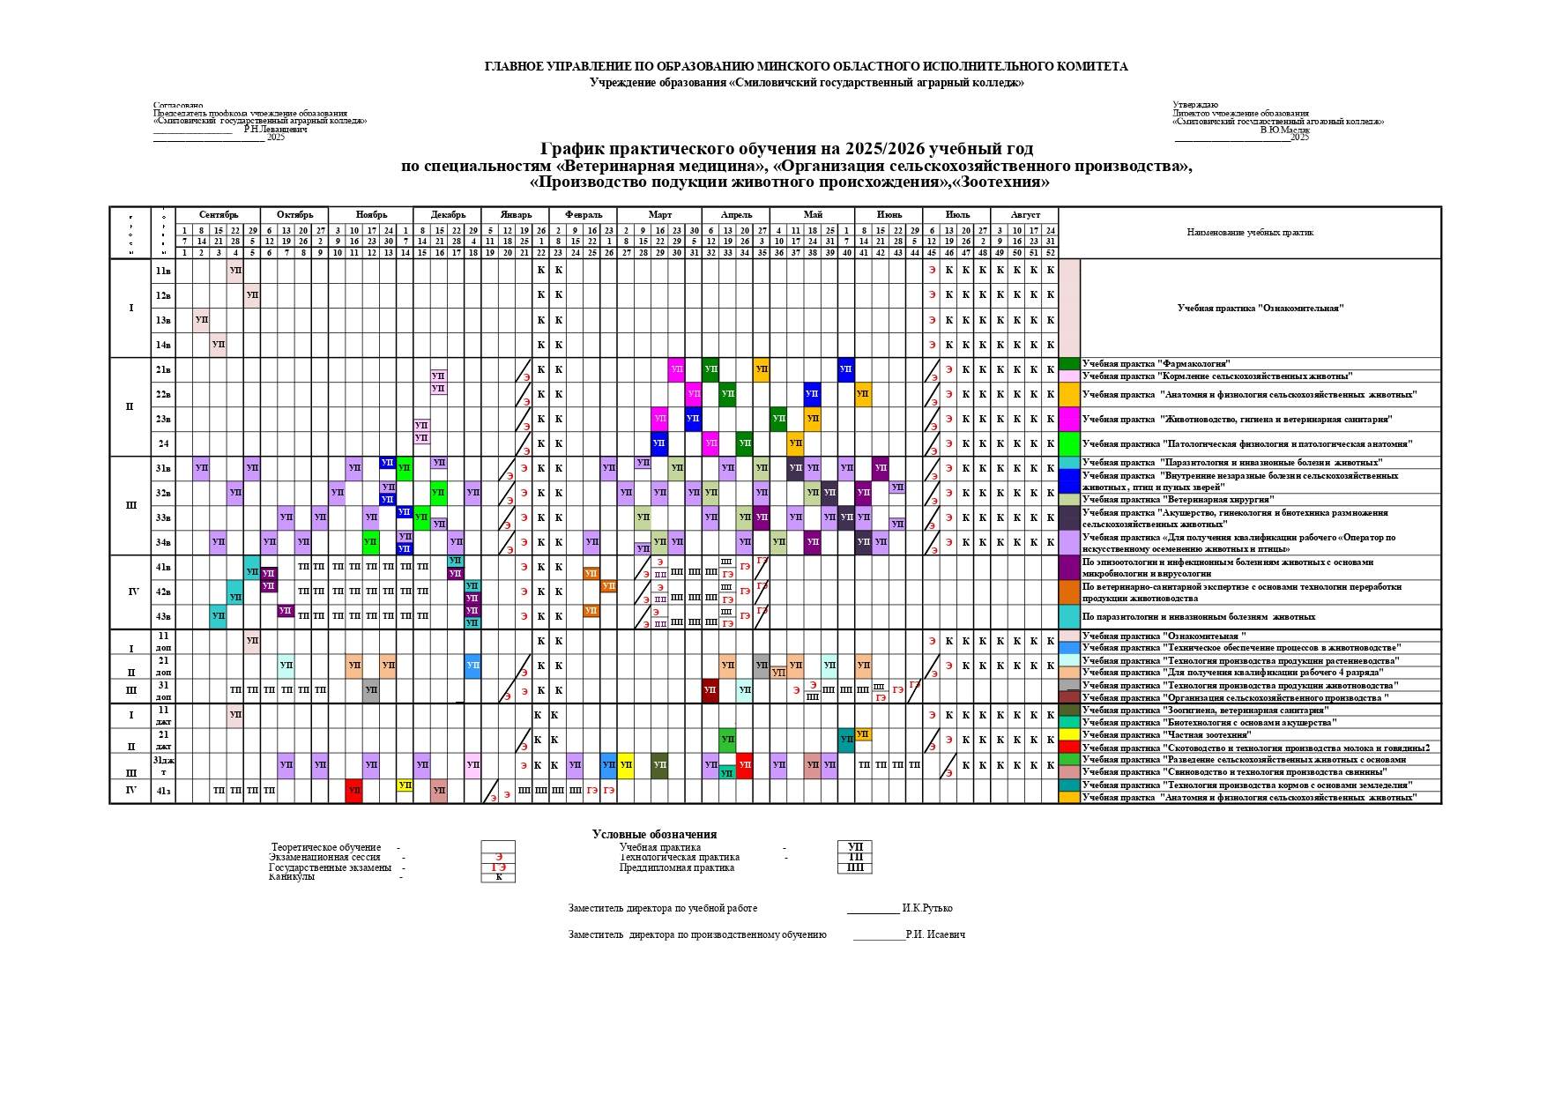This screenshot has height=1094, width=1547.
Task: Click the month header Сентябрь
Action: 218,215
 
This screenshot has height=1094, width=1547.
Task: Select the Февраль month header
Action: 584,215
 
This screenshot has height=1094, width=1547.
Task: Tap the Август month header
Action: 1025,215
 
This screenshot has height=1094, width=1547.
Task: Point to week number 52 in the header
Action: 1050,253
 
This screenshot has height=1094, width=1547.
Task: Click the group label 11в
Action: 163,270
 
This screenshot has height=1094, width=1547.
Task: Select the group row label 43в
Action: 163,616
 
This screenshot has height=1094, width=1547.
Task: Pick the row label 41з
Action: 163,791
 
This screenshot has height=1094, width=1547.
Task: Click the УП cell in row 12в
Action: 252,294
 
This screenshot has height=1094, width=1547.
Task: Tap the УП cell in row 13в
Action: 202,319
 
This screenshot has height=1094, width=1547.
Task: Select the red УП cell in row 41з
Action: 354,791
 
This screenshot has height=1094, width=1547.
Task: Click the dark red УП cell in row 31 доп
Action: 710,690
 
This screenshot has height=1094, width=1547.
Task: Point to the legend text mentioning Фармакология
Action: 1156,363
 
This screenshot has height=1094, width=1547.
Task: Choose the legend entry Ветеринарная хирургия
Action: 1154,500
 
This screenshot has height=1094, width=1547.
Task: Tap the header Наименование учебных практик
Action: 1249,233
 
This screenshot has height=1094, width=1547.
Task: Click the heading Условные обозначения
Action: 654,834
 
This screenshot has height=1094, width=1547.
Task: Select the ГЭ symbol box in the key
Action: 499,867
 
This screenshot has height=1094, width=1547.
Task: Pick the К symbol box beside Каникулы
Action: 499,877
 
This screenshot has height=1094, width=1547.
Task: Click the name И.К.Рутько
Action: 926,908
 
